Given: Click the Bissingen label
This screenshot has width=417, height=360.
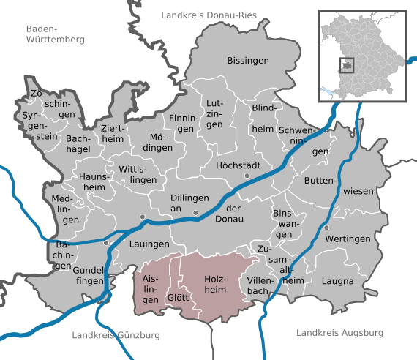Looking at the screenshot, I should [x=248, y=60].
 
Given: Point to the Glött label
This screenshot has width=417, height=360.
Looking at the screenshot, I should [x=178, y=298].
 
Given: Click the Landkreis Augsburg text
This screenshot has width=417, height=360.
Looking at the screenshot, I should [x=339, y=333].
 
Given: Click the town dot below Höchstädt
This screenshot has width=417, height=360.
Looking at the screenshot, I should [x=247, y=176].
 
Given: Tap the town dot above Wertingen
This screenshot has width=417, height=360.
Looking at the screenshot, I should [x=327, y=228].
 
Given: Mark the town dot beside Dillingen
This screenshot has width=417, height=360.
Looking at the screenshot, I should [x=195, y=212].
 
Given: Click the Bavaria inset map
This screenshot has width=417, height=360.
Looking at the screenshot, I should [x=361, y=54].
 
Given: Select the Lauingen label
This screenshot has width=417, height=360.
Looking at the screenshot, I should [x=149, y=244].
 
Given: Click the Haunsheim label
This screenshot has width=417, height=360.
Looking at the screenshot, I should [x=93, y=181].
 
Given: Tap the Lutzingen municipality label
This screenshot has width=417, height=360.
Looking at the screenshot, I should [x=214, y=116].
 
